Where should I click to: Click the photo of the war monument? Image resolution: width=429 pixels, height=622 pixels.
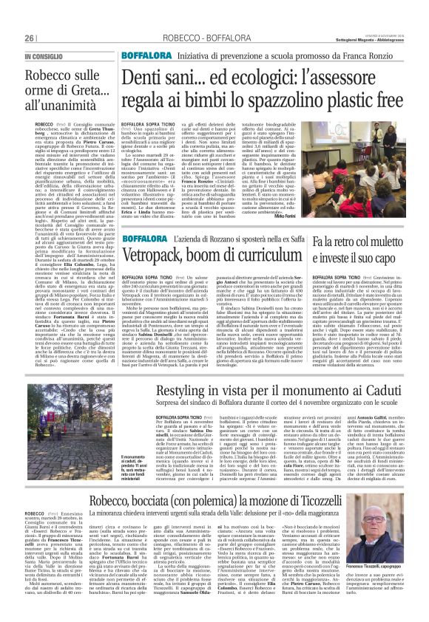tap(82, 417)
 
